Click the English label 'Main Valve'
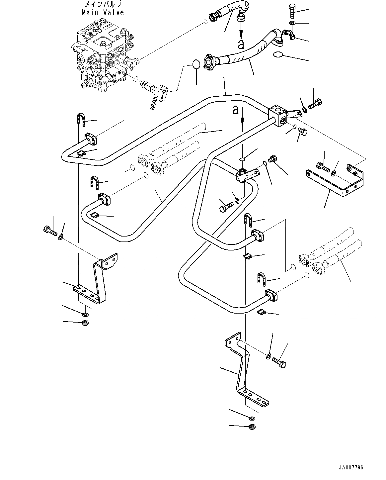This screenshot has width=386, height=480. (x=103, y=12)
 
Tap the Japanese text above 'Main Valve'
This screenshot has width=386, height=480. (x=103, y=4)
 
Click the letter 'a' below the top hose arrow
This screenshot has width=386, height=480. (x=241, y=45)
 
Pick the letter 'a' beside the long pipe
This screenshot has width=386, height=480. (x=235, y=110)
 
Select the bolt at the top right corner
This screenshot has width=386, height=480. (x=292, y=11)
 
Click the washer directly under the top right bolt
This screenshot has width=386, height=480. (x=292, y=23)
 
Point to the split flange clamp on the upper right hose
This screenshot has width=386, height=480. (x=288, y=35)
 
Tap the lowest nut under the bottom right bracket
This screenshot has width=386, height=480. (x=252, y=427)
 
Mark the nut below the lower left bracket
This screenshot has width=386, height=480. (x=85, y=323)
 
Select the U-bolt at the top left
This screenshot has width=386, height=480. (x=81, y=120)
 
